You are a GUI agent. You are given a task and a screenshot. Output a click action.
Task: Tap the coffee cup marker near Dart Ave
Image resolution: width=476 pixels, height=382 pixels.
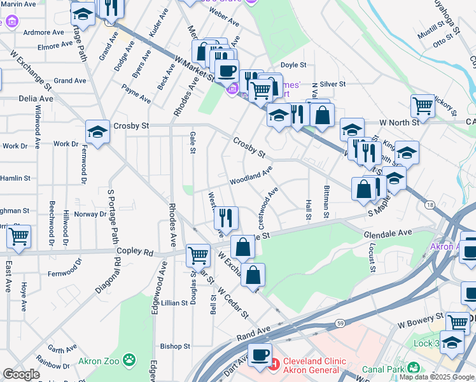260,355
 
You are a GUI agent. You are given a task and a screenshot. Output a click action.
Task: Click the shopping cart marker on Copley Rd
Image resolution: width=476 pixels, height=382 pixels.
198,255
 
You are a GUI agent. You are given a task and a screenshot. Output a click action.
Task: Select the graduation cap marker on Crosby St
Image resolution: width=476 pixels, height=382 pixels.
97,132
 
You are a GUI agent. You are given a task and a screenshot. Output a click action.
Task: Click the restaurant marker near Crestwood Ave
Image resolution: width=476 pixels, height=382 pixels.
226,217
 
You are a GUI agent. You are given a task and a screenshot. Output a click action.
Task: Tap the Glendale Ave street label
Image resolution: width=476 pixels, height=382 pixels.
388,234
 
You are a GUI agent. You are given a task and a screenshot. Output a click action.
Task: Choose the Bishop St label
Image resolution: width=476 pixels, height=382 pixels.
175,346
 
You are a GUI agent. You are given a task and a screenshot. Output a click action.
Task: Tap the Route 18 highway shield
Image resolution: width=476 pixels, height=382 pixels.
431,204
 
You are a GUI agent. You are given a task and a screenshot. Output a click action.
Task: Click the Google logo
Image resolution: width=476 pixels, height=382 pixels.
21,374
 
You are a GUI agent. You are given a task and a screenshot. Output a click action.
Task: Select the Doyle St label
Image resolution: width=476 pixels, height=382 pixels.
293,65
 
